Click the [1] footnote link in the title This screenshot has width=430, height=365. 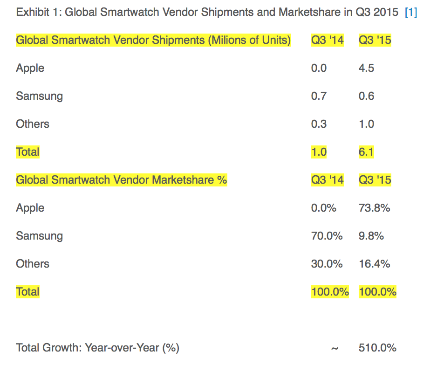click(410, 12)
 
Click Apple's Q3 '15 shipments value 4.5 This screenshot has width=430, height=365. click(366, 68)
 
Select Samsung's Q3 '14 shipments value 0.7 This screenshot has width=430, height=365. click(319, 96)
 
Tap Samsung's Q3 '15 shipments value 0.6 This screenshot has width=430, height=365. click(366, 96)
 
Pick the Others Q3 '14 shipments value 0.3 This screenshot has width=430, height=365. click(319, 124)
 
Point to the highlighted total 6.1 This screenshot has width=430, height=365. click(366, 152)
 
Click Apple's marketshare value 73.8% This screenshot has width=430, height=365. click(374, 208)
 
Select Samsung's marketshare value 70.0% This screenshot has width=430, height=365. click(327, 236)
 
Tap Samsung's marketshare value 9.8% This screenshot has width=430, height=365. click(371, 236)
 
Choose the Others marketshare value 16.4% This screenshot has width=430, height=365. click(374, 264)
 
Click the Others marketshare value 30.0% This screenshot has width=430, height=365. click(327, 264)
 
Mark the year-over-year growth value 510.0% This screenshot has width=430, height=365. click(377, 348)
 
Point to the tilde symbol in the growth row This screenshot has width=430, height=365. click(334, 348)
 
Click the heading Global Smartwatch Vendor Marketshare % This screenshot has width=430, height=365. click(121, 180)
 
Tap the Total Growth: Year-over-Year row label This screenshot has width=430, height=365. click(97, 348)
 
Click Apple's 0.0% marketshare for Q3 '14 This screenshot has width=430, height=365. click(323, 208)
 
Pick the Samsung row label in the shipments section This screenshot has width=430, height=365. click(39, 96)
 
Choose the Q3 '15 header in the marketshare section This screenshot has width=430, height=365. click(375, 180)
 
